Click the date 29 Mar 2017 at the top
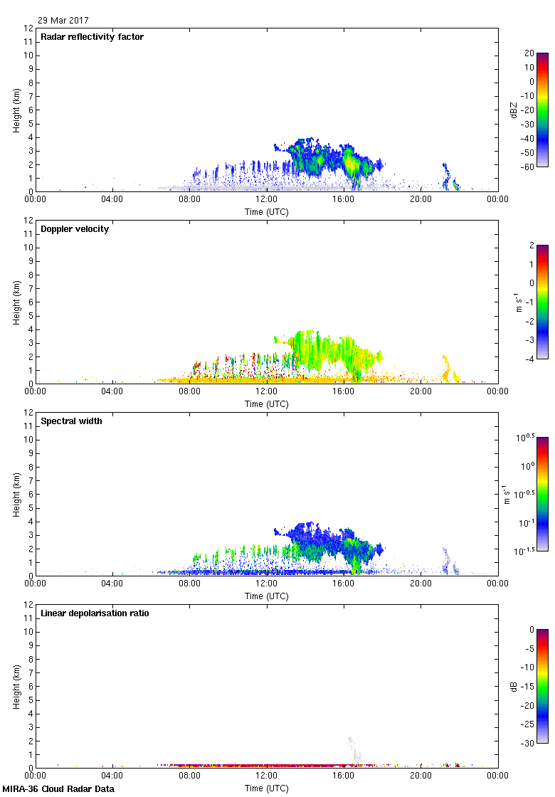coord(63,21)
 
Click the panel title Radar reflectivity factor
coord(92,37)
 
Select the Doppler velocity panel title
coord(75,229)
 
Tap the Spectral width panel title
coord(73,421)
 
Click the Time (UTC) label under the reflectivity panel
coord(267,211)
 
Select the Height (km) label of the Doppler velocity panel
coord(16,302)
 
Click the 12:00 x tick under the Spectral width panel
coord(267,584)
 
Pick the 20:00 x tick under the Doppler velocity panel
coord(421,391)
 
